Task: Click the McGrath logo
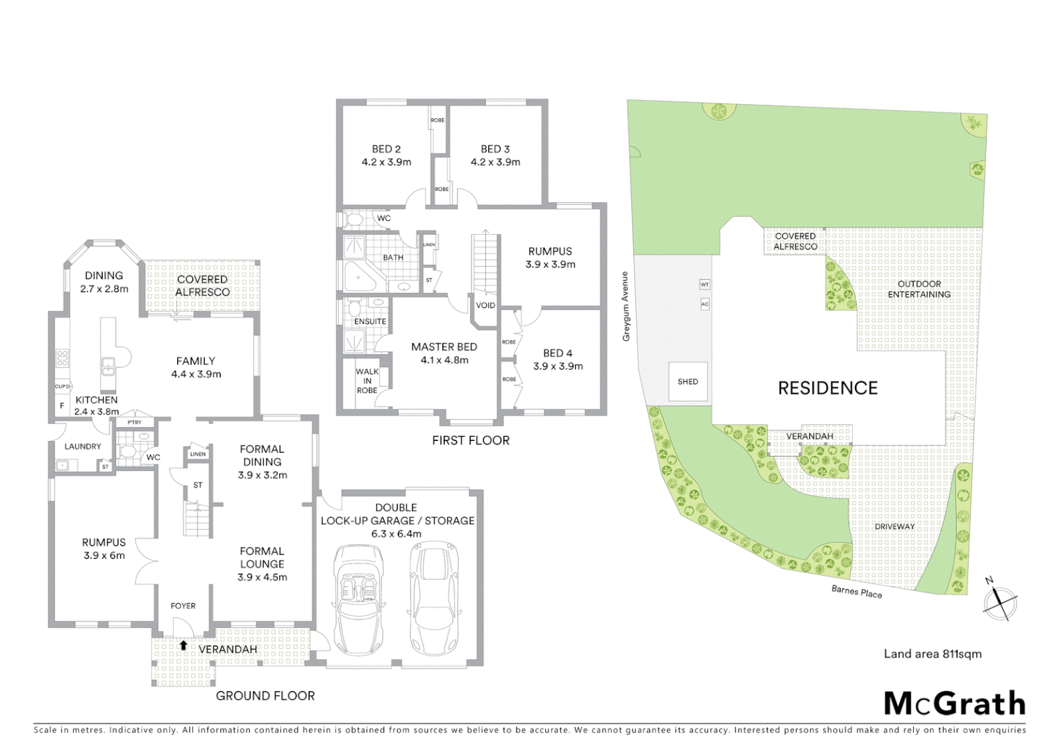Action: tap(954, 703)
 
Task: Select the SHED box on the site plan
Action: tap(687, 381)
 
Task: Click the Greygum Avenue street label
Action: tap(626, 306)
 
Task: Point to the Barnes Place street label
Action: tap(857, 592)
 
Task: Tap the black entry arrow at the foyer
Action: tap(183, 645)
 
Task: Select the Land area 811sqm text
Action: tap(932, 653)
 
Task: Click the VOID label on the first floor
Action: tap(485, 306)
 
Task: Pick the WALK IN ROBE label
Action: tap(367, 381)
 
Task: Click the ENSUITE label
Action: tap(370, 322)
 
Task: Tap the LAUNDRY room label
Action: tap(83, 447)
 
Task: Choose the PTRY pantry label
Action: tap(134, 422)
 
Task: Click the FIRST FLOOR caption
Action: tap(470, 440)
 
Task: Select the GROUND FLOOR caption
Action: tap(265, 695)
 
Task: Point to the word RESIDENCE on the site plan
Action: tap(828, 388)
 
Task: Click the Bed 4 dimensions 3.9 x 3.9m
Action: tap(558, 366)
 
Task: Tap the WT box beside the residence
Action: tap(705, 285)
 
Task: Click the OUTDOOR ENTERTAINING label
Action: tap(919, 289)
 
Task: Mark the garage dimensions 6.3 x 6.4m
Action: tap(396, 533)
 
